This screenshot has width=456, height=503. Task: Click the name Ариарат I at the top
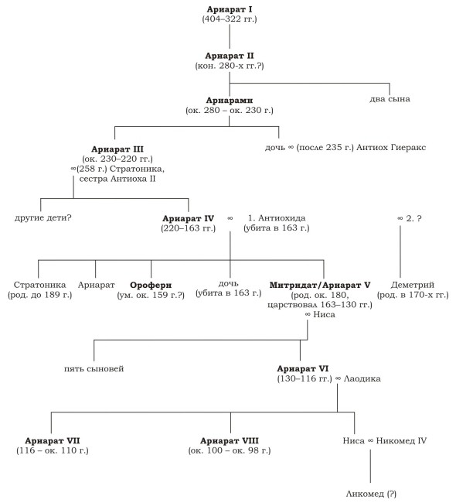(229, 9)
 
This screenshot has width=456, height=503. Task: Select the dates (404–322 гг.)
(230, 19)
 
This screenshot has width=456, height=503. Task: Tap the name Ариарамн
(229, 101)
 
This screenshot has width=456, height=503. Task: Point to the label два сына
(390, 99)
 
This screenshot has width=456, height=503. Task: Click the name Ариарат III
(117, 149)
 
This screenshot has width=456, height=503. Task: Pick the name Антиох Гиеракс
(391, 148)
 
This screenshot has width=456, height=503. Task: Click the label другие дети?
(43, 217)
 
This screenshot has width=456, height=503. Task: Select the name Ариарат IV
(188, 218)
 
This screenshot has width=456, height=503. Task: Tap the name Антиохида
(281, 218)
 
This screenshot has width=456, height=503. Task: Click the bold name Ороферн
(151, 286)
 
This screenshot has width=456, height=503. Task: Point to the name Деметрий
(413, 285)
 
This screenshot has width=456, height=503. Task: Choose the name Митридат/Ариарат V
(320, 286)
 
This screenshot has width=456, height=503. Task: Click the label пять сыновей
(94, 369)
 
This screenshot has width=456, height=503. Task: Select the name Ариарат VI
(302, 369)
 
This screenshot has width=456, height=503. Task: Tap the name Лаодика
(362, 379)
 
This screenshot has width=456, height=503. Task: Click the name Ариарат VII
(53, 441)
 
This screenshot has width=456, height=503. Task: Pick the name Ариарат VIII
(229, 441)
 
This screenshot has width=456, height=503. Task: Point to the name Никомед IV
(401, 441)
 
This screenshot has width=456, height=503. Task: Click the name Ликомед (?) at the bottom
(371, 494)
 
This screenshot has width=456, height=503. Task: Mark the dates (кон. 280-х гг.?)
(230, 66)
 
